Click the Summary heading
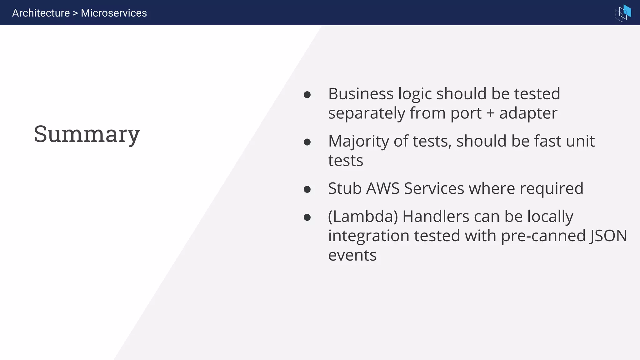(87, 134)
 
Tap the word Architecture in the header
(41, 13)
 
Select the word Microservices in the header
(114, 13)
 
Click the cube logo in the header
(623, 13)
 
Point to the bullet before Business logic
(307, 95)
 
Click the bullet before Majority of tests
(307, 142)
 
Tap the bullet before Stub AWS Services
(307, 189)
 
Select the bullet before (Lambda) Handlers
(307, 217)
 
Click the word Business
(361, 94)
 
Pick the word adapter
(528, 113)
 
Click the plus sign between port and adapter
(490, 113)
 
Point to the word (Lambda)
(363, 217)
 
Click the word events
(352, 255)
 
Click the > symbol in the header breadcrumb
(75, 13)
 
